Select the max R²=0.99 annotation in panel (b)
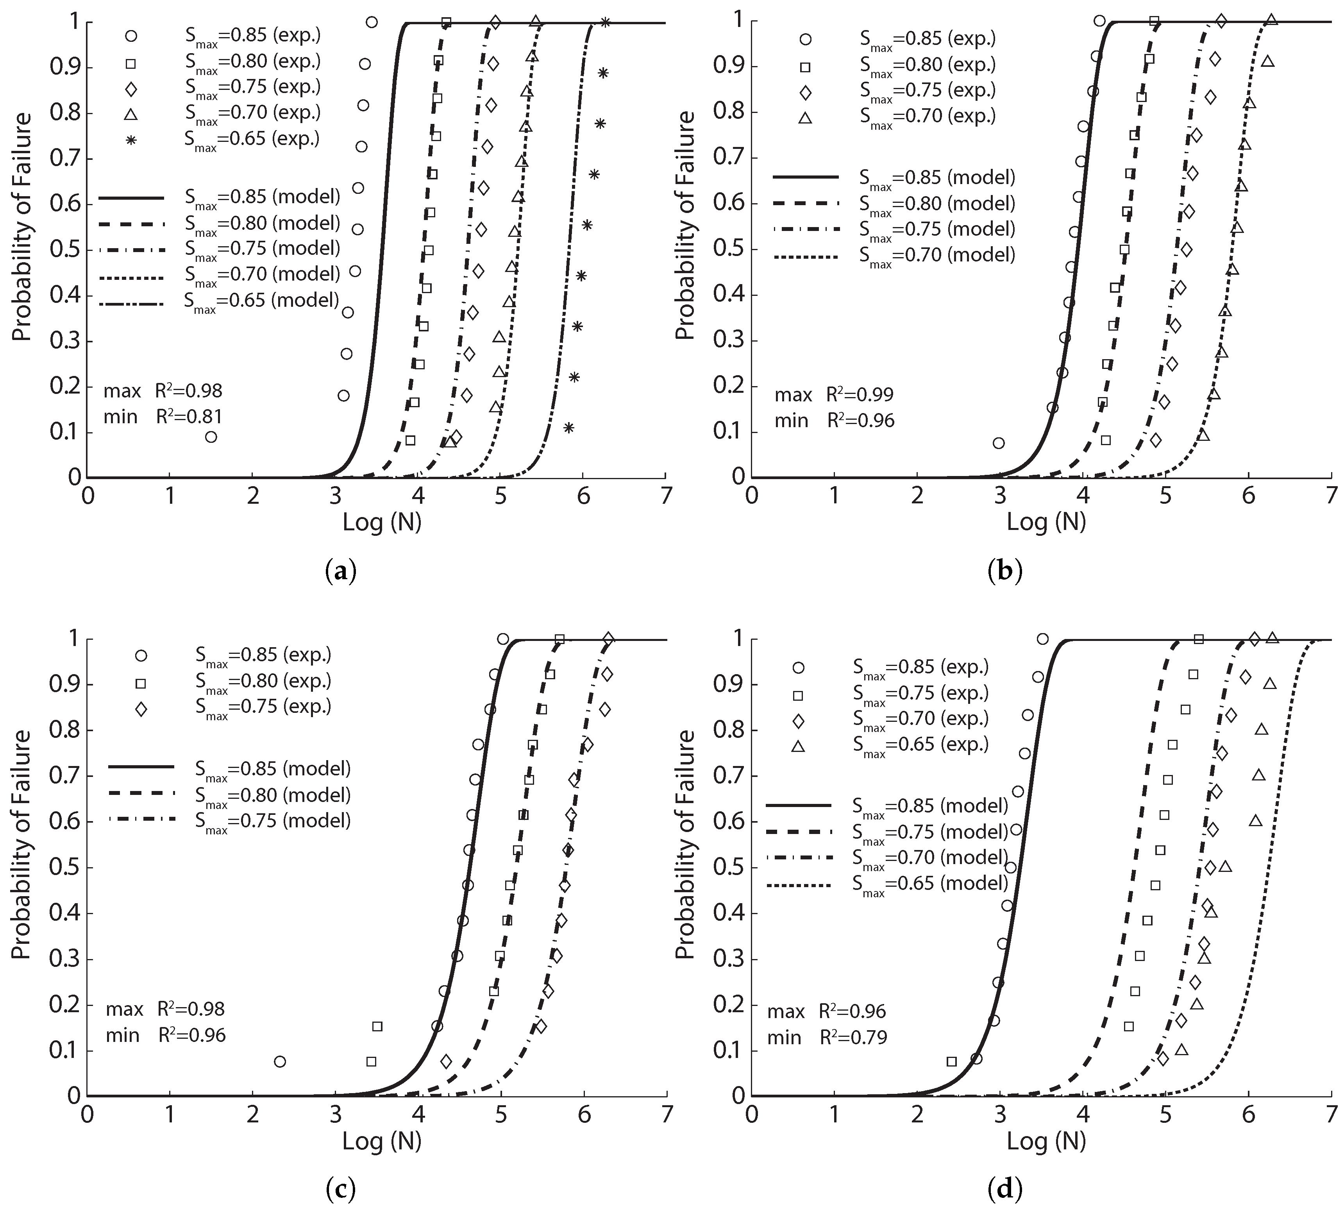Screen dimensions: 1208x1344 pos(834,395)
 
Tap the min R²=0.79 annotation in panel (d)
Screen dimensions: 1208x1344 pos(827,1038)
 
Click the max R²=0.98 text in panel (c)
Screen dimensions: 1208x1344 pos(165,1009)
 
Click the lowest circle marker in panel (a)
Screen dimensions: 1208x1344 pos(211,437)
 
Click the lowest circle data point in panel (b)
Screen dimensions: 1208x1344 pos(998,443)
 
